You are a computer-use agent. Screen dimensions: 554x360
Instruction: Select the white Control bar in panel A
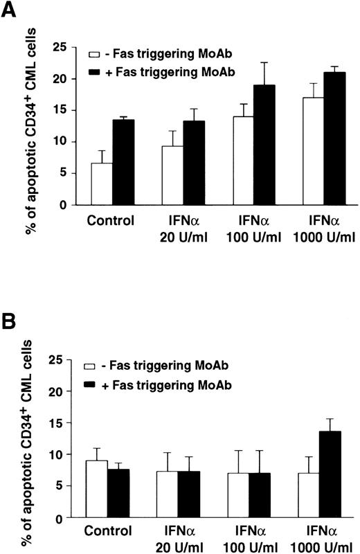pos(102,184)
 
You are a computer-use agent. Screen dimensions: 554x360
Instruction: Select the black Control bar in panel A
pos(123,162)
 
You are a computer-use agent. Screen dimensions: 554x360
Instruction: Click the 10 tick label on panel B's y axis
pos(61,454)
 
